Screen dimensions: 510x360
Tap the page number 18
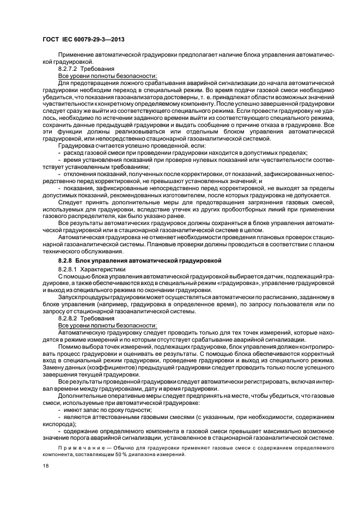[44, 466]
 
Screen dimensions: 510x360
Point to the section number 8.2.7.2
[68, 70]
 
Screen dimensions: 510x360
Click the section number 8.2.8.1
[68, 269]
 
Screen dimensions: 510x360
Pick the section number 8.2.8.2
[68, 317]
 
